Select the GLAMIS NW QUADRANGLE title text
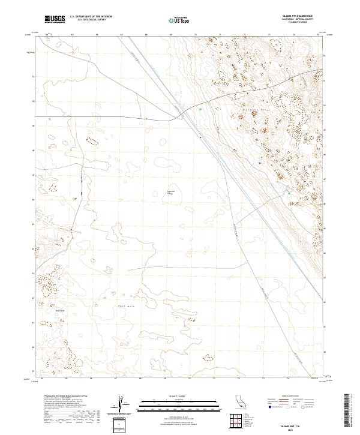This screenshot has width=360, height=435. pyautogui.click(x=305, y=16)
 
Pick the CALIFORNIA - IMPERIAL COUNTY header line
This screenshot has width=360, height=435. pyautogui.click(x=305, y=20)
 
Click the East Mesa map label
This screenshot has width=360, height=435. pyautogui.click(x=124, y=306)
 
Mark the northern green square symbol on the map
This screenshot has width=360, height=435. pyautogui.click(x=200, y=110)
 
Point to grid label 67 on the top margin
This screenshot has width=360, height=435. pyautogui.click(x=121, y=35)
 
